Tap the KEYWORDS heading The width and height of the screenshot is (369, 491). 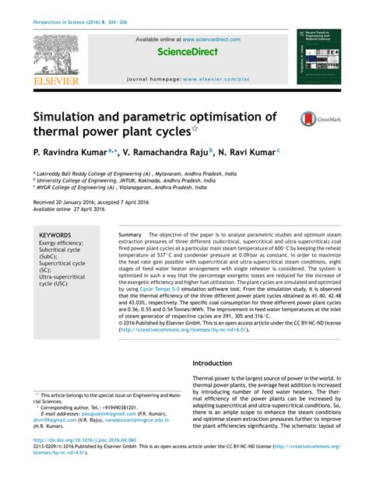click(55, 234)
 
